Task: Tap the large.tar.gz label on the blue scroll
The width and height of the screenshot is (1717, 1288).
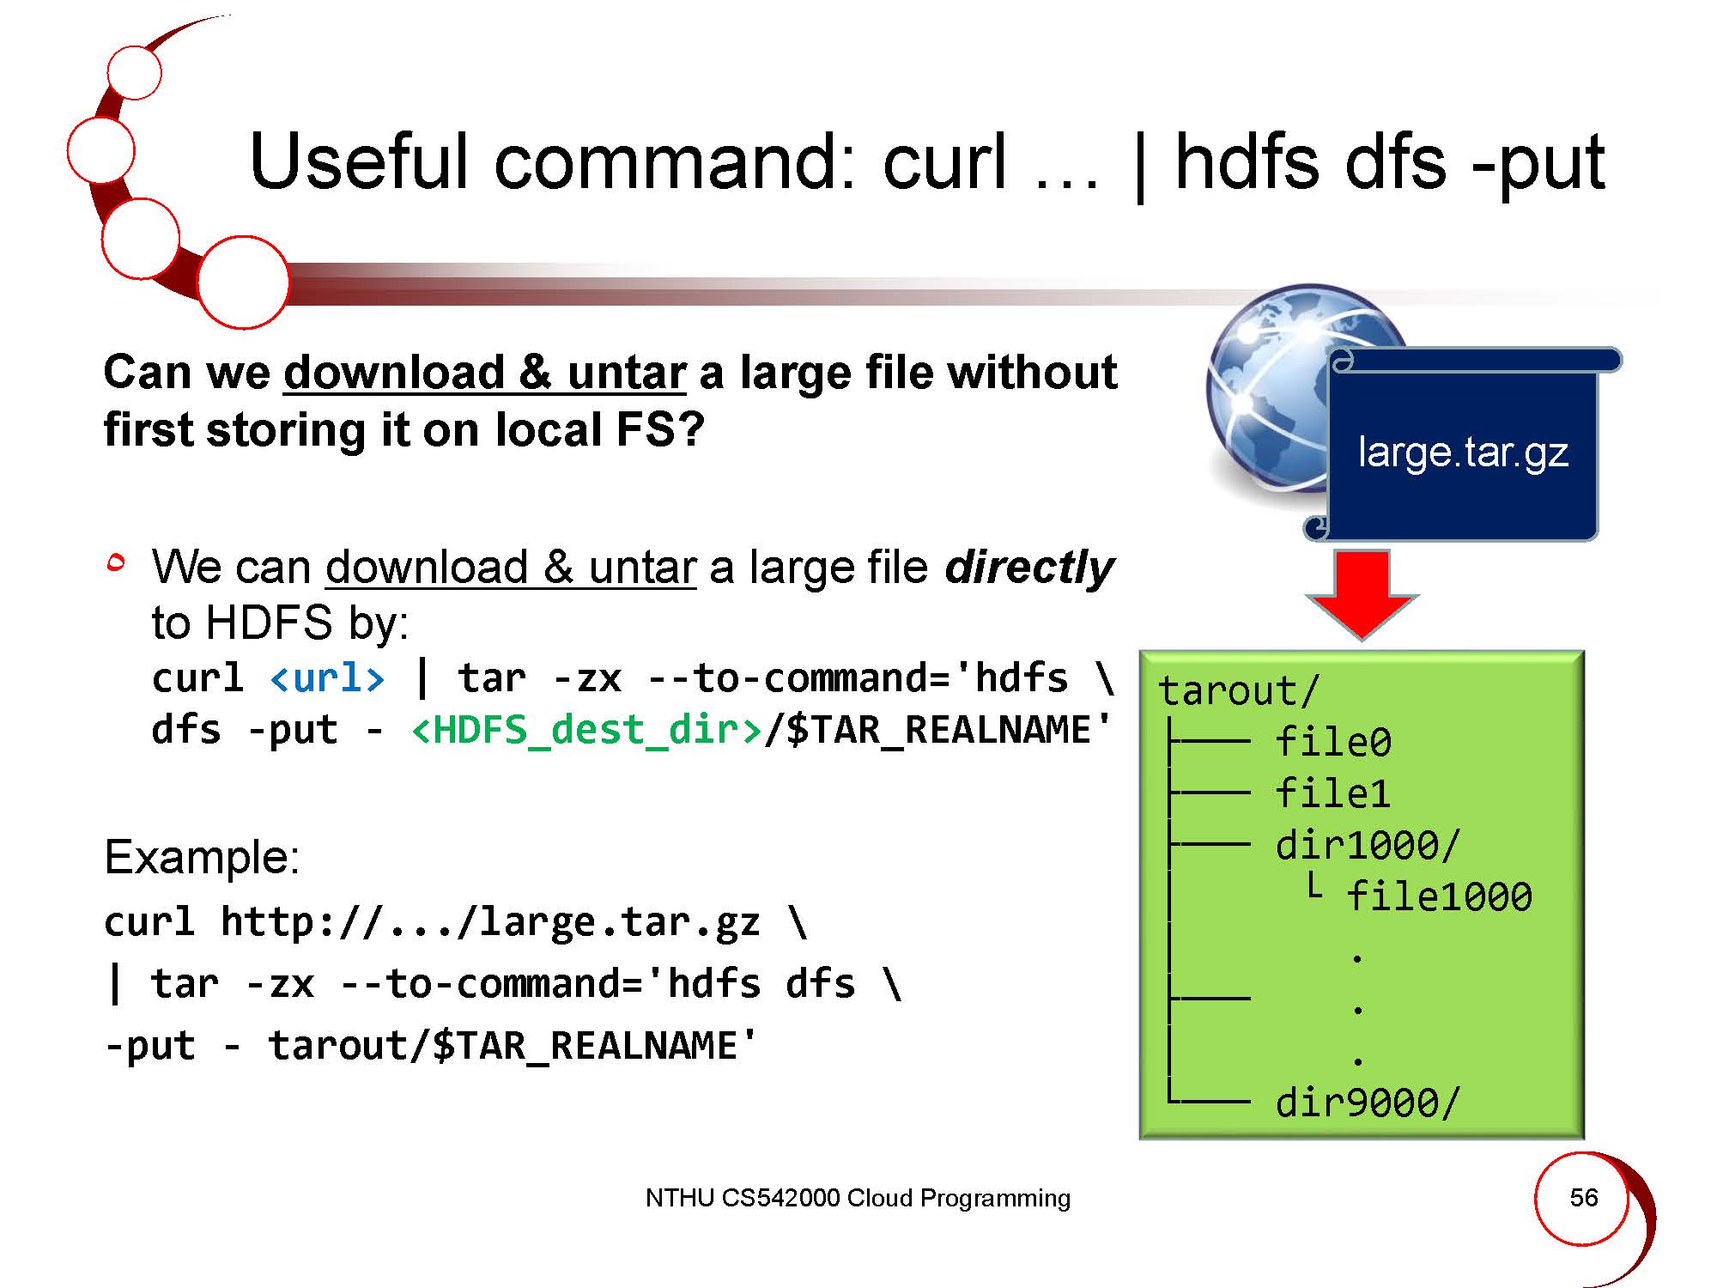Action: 1463,453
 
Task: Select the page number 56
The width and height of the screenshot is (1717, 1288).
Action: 1584,1197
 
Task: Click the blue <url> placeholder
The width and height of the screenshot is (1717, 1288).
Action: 327,678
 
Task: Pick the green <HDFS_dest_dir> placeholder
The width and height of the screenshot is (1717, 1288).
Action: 587,731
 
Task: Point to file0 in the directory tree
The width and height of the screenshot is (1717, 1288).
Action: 1333,742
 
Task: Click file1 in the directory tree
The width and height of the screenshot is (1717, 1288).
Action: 1333,793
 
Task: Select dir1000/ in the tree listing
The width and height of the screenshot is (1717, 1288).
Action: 1368,846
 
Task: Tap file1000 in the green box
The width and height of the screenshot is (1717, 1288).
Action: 1439,897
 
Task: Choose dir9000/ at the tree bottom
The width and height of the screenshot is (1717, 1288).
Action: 1368,1103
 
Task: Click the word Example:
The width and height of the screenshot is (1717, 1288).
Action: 202,857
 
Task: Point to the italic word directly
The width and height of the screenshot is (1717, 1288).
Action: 1028,568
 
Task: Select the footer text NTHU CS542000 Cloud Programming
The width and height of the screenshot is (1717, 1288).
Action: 858,1198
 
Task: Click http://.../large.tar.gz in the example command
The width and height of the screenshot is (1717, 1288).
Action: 490,922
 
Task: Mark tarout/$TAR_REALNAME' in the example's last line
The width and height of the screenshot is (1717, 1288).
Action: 513,1046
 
